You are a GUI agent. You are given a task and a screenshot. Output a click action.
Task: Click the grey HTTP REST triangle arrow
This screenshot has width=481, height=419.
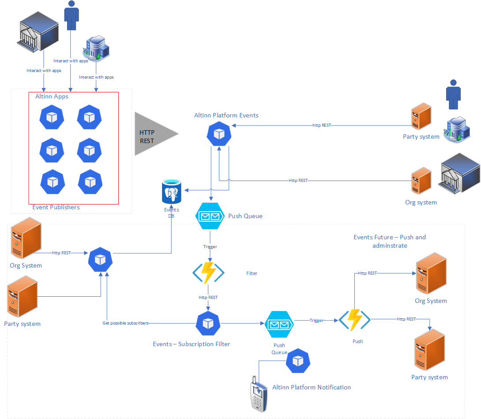pyautogui.click(x=152, y=134)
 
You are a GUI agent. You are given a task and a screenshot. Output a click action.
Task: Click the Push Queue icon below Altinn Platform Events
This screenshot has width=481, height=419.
pyautogui.click(x=210, y=216)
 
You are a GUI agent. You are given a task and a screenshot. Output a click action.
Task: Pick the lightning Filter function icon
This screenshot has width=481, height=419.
pyautogui.click(x=208, y=273)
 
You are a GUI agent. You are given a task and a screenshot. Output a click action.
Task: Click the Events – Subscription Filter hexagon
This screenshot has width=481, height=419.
pyautogui.click(x=208, y=324)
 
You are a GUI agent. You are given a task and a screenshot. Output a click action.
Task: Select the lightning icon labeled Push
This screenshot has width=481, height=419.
pyautogui.click(x=354, y=320)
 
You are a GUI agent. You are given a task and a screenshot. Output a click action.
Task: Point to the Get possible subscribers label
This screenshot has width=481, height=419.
pyautogui.click(x=125, y=323)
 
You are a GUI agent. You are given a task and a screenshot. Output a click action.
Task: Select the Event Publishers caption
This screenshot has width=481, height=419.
pyautogui.click(x=56, y=207)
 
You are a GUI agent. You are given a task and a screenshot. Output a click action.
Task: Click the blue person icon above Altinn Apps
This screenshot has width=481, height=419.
pyautogui.click(x=71, y=15)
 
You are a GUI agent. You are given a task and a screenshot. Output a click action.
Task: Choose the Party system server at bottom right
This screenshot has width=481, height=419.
pyautogui.click(x=429, y=352)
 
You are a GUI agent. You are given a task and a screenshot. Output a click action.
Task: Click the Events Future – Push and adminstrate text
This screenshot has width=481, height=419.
pyautogui.click(x=390, y=241)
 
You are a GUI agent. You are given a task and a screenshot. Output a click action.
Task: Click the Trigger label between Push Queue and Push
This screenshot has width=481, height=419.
pyautogui.click(x=316, y=321)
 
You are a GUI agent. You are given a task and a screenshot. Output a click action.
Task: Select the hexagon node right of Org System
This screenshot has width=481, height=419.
pyautogui.click(x=101, y=260)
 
